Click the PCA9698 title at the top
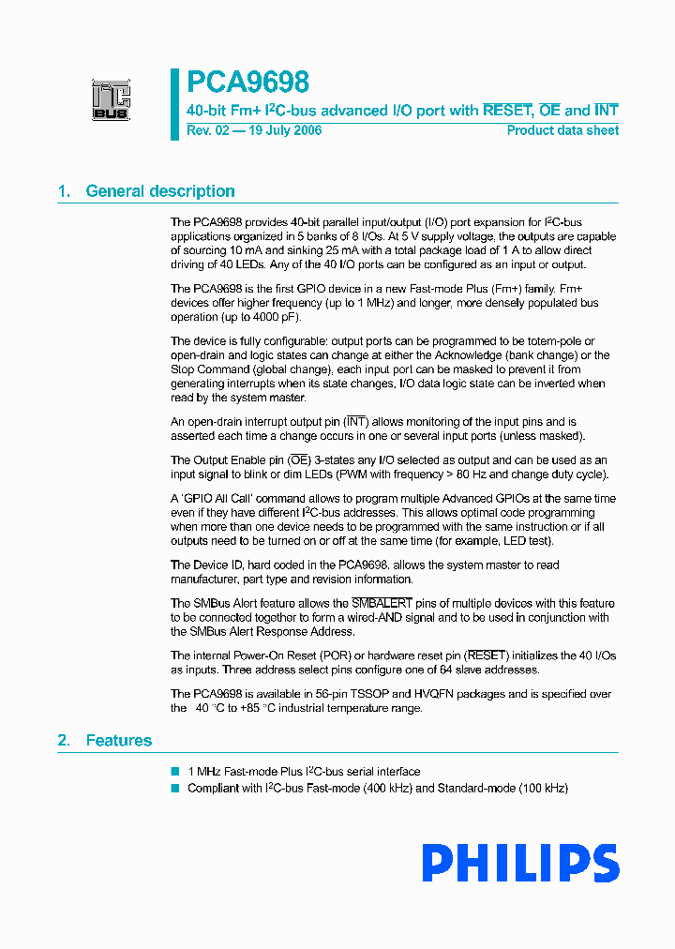247,83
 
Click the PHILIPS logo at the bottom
519,864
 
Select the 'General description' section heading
159,191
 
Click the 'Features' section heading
118,741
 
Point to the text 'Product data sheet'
562,130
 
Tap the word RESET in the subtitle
507,111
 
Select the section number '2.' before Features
64,741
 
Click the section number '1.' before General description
64,191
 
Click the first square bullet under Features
174,771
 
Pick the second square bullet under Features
174,788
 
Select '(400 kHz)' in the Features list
387,788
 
